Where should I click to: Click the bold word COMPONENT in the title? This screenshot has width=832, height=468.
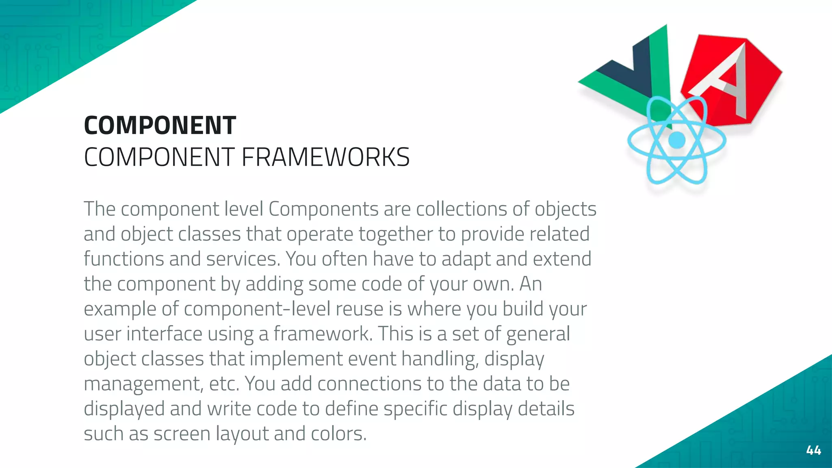click(160, 125)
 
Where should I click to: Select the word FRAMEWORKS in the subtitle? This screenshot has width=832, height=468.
click(325, 157)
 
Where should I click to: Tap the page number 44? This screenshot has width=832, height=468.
click(813, 450)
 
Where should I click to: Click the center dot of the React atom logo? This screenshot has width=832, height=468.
click(676, 140)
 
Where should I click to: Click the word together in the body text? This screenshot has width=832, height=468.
click(395, 234)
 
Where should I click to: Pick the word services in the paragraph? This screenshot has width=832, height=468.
click(243, 259)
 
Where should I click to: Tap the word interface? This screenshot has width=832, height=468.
click(164, 334)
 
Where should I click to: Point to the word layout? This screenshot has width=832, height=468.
click(242, 434)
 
